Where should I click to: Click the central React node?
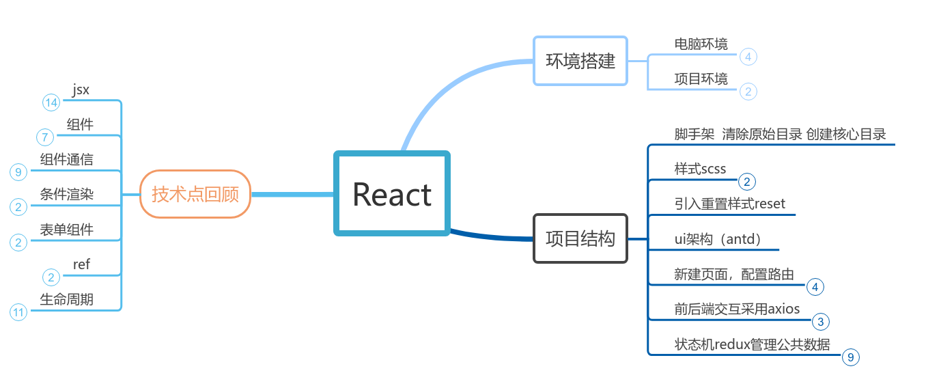[392, 194]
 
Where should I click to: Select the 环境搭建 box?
[580, 61]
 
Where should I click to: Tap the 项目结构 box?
[580, 238]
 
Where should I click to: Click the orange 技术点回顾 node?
[195, 194]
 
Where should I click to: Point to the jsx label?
[81, 89]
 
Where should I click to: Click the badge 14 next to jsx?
[51, 102]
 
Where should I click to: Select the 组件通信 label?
[66, 159]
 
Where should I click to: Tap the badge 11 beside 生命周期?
[18, 312]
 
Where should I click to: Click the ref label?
[81, 264]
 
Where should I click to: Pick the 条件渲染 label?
[66, 195]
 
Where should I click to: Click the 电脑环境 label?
[701, 44]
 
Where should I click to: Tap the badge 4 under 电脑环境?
[748, 57]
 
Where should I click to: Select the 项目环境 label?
[701, 79]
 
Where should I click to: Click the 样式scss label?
[700, 169]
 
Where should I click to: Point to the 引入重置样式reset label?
[729, 204]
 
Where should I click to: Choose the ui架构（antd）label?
[717, 239]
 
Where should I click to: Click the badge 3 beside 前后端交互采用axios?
[820, 322]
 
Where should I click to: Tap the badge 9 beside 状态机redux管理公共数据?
[850, 357]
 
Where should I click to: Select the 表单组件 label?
[66, 230]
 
